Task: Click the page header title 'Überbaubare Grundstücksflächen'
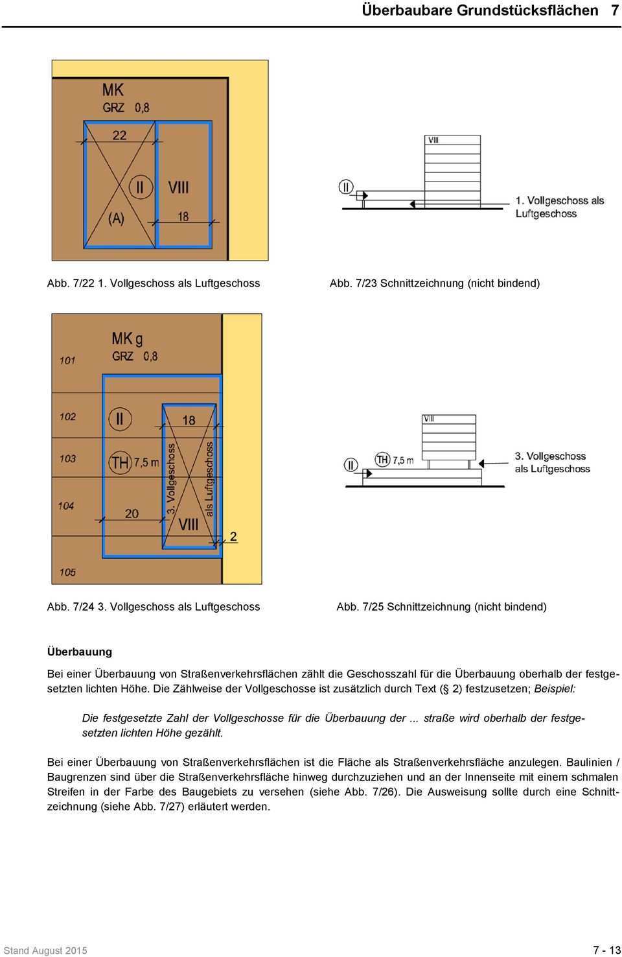point(480,11)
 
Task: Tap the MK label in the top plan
point(113,89)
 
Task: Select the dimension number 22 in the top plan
point(120,135)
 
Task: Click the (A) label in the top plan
point(116,219)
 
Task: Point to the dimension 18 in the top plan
point(183,217)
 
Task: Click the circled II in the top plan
point(140,187)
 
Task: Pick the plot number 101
point(67,360)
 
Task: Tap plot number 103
point(68,458)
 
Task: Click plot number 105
point(68,572)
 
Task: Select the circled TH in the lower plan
point(120,462)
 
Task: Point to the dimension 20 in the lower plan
point(132,514)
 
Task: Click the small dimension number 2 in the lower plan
point(233,536)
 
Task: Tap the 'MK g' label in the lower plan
point(127,339)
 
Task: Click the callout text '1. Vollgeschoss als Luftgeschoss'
point(559,207)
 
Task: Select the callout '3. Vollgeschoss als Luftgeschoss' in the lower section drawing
point(552,462)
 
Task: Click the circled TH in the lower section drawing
point(383,460)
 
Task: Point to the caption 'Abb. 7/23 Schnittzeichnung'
point(434,283)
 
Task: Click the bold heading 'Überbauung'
point(80,652)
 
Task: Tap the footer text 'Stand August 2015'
point(45,951)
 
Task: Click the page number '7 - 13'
point(606,950)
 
